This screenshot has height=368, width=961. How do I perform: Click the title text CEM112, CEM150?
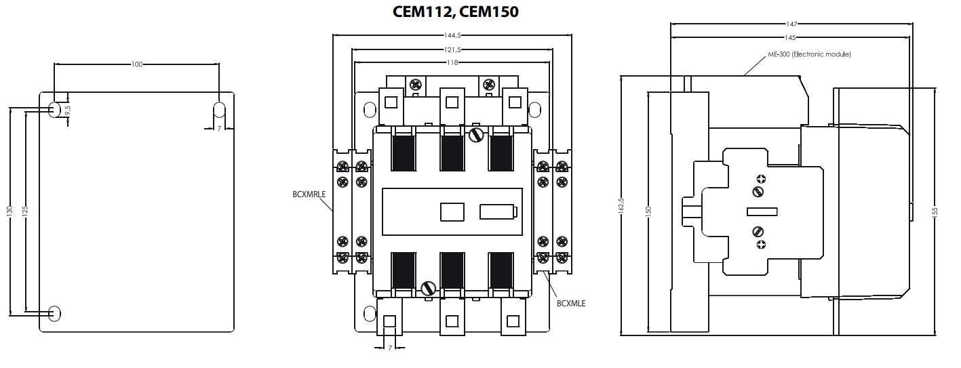pos(455,12)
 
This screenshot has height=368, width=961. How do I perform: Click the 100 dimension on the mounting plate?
pos(136,64)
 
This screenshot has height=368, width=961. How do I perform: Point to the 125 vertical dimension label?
pos(25,211)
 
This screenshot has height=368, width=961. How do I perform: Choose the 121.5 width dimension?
pos(452,49)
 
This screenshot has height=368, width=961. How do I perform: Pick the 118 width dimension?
pos(452,62)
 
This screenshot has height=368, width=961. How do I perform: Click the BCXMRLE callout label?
pos(309,194)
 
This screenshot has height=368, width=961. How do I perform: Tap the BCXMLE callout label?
pos(570,304)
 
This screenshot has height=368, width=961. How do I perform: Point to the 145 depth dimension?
pos(791,38)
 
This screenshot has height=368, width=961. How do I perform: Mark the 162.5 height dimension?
pos(621,208)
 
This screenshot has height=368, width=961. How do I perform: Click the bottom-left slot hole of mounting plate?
pos(55,313)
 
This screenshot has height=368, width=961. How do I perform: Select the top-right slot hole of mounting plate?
pos(219,109)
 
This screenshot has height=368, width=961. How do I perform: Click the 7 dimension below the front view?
pos(389,348)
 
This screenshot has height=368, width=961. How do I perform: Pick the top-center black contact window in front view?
pos(452,154)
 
